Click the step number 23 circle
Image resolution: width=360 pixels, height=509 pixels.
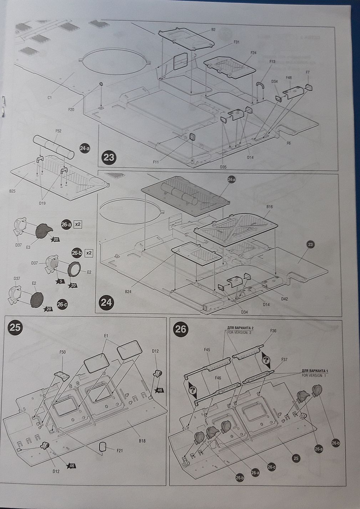(x=108, y=157)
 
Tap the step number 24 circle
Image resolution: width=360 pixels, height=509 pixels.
(x=106, y=303)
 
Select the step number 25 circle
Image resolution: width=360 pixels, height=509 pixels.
(x=15, y=328)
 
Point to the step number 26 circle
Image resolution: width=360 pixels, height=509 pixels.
(x=181, y=329)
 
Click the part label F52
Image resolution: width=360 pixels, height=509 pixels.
(x=59, y=131)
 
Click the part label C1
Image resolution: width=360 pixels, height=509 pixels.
(x=49, y=97)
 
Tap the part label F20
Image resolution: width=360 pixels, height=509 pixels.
(x=71, y=109)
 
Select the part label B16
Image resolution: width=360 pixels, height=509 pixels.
(x=269, y=206)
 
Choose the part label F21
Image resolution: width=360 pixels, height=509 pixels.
(x=120, y=451)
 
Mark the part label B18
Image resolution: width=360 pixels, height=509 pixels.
(x=142, y=441)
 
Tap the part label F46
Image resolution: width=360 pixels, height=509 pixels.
(x=218, y=377)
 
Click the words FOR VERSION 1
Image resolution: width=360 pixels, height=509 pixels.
(x=314, y=376)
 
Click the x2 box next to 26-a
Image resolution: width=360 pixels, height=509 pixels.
(x=78, y=225)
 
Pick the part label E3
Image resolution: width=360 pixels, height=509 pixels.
(x=28, y=246)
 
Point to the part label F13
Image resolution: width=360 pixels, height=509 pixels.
(x=272, y=62)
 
